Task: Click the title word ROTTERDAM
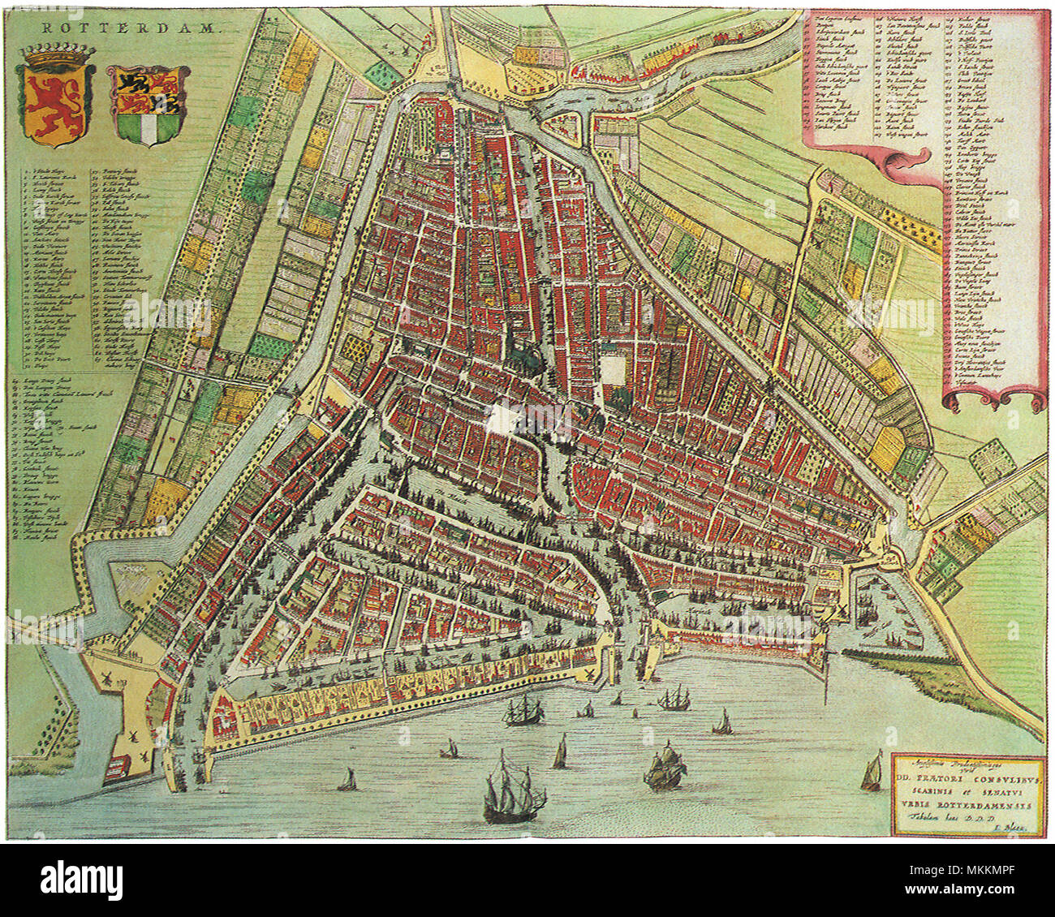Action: (x=130, y=27)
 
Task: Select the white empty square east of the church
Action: (x=614, y=370)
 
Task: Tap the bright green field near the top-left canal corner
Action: (x=377, y=73)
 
